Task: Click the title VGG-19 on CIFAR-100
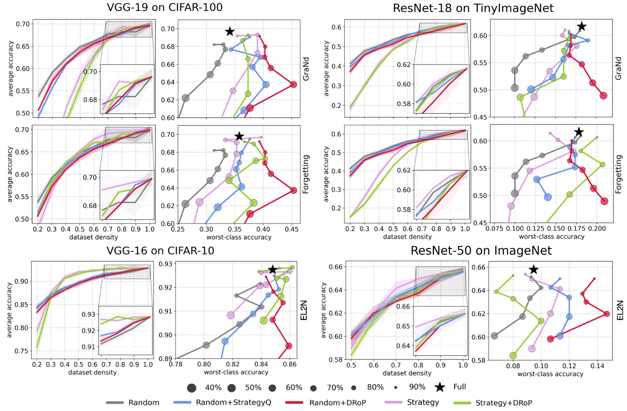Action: (164, 7)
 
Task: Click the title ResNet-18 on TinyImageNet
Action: (473, 8)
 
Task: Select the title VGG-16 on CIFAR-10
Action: (160, 251)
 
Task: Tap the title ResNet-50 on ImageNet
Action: (481, 251)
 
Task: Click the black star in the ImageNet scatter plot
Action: (534, 270)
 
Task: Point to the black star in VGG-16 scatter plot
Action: (272, 270)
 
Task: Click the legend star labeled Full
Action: (439, 387)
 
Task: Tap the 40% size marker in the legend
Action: (192, 388)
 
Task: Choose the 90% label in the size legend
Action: (417, 387)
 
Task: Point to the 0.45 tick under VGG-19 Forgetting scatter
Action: (292, 229)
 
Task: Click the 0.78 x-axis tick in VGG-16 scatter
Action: (176, 364)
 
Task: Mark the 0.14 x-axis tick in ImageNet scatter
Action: (597, 366)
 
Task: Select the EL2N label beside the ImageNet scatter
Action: (620, 310)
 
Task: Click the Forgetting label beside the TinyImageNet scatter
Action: (619, 174)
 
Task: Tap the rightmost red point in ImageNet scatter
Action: (607, 314)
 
